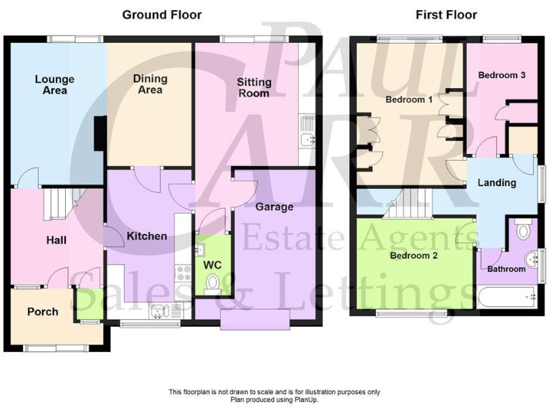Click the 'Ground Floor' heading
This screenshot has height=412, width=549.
[162, 14]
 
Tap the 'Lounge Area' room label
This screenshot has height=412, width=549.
[54, 85]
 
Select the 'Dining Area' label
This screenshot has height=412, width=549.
[149, 84]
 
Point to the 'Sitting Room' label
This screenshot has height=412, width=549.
[254, 88]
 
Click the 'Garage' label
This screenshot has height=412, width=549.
[274, 207]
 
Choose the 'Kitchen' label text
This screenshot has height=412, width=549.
[147, 236]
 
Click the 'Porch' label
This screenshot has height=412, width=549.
[42, 312]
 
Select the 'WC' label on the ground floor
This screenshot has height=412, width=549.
[213, 265]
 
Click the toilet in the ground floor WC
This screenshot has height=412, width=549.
[211, 286]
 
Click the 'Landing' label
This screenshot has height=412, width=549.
[497, 182]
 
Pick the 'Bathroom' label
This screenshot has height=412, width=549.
[506, 269]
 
